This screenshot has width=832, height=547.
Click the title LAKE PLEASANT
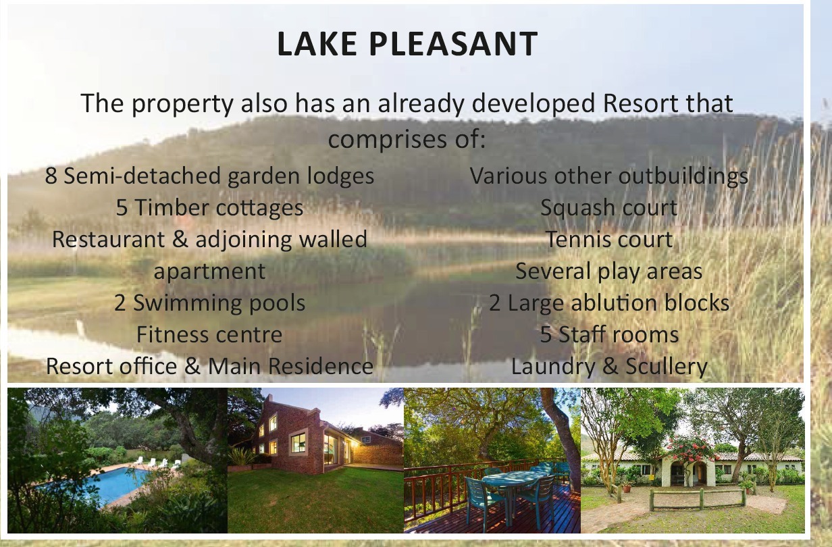click(407, 44)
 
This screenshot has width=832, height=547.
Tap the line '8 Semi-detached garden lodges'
click(209, 176)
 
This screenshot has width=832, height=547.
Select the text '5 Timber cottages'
click(209, 207)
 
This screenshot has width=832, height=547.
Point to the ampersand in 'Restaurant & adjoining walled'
click(180, 239)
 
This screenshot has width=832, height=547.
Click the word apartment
click(209, 271)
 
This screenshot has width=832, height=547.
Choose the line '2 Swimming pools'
click(209, 303)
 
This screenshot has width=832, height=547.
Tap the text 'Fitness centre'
click(209, 334)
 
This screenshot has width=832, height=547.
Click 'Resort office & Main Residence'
click(209, 366)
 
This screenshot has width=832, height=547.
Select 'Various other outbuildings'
click(609, 176)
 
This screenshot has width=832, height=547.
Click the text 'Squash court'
click(609, 207)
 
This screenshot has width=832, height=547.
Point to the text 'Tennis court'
click(609, 239)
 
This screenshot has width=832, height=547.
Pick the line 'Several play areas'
click(609, 271)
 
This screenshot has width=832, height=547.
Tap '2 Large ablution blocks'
click(609, 303)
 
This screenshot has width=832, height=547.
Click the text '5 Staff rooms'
click(609, 334)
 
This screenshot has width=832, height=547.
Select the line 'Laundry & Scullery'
click(609, 366)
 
